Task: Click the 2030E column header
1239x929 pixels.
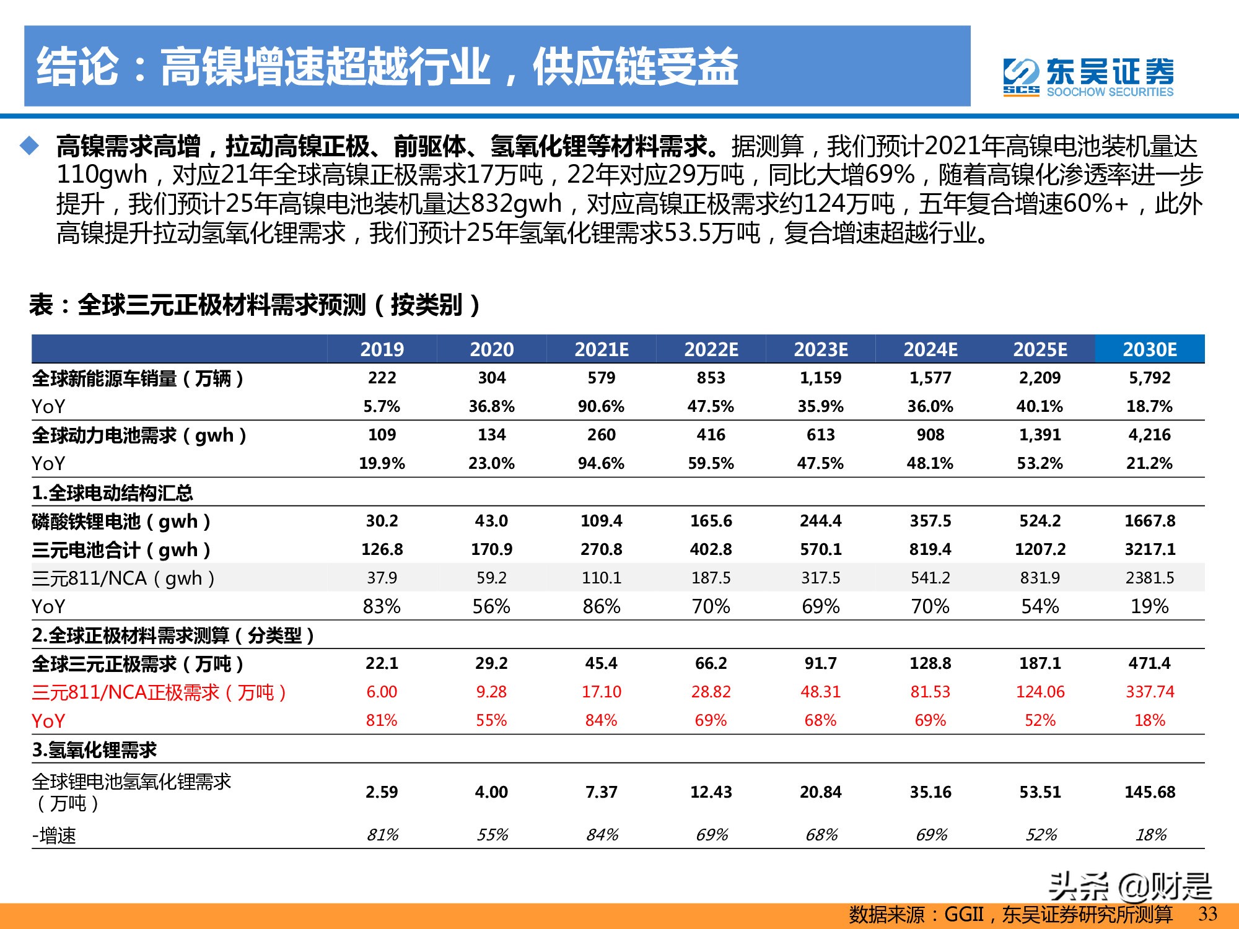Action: pos(1149,349)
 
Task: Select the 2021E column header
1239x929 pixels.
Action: pos(601,349)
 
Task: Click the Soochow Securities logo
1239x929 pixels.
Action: pos(1088,77)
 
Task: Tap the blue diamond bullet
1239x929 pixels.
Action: pos(29,146)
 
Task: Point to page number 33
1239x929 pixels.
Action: pos(1207,914)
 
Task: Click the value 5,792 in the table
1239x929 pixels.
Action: pos(1149,378)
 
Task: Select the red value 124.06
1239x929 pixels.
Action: pos(1040,692)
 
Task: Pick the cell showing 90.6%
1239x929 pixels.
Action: pos(601,406)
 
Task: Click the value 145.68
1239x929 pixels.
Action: pos(1149,792)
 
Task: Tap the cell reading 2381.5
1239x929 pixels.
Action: pos(1149,578)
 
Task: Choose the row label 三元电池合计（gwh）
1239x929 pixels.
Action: pos(121,549)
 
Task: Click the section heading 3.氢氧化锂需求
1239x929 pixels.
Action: pos(94,750)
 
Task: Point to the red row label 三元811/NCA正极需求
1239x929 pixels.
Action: pos(159,692)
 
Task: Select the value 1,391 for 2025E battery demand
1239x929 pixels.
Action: pos(1040,435)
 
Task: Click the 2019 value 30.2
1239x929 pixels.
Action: pos(382,521)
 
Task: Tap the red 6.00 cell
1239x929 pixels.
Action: pos(382,692)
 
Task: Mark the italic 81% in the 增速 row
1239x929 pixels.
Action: pos(382,835)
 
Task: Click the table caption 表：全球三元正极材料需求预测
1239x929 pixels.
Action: pos(254,305)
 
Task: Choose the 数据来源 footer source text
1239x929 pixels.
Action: pos(1010,914)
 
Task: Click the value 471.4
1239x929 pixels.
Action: pos(1149,663)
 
